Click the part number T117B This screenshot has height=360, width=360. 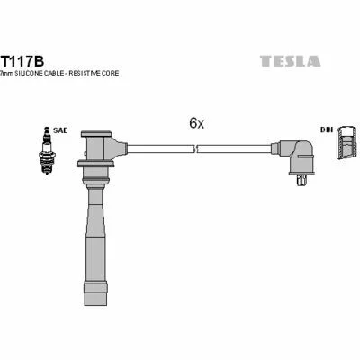click(x=22, y=61)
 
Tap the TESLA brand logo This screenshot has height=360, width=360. click(x=290, y=61)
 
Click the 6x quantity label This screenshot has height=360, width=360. click(x=196, y=123)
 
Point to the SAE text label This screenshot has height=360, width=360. click(x=60, y=130)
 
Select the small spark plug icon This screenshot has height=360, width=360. click(x=47, y=150)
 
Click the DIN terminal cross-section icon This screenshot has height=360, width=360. click(x=346, y=142)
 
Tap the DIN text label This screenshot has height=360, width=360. click(x=327, y=130)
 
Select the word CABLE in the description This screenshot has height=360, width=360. click(x=53, y=73)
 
